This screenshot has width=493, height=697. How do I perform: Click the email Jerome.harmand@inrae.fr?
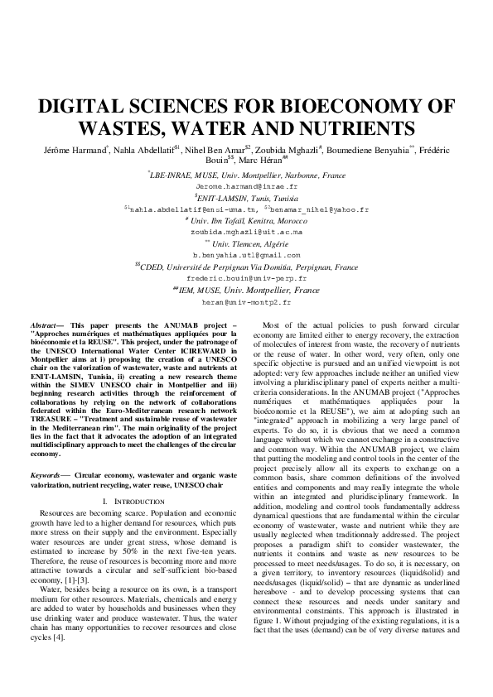pyautogui.click(x=246, y=187)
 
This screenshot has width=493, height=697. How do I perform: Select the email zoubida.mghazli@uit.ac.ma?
pyautogui.click(x=246, y=233)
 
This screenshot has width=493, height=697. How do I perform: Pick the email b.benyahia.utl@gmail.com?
pyautogui.click(x=246, y=256)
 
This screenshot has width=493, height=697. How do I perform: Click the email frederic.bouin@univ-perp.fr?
pyautogui.click(x=246, y=279)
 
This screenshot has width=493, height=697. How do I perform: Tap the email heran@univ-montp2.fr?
pyautogui.click(x=246, y=303)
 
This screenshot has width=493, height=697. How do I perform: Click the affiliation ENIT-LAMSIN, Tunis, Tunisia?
pyautogui.click(x=247, y=199)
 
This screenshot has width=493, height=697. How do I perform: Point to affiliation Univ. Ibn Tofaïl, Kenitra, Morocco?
pyautogui.click(x=248, y=221)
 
